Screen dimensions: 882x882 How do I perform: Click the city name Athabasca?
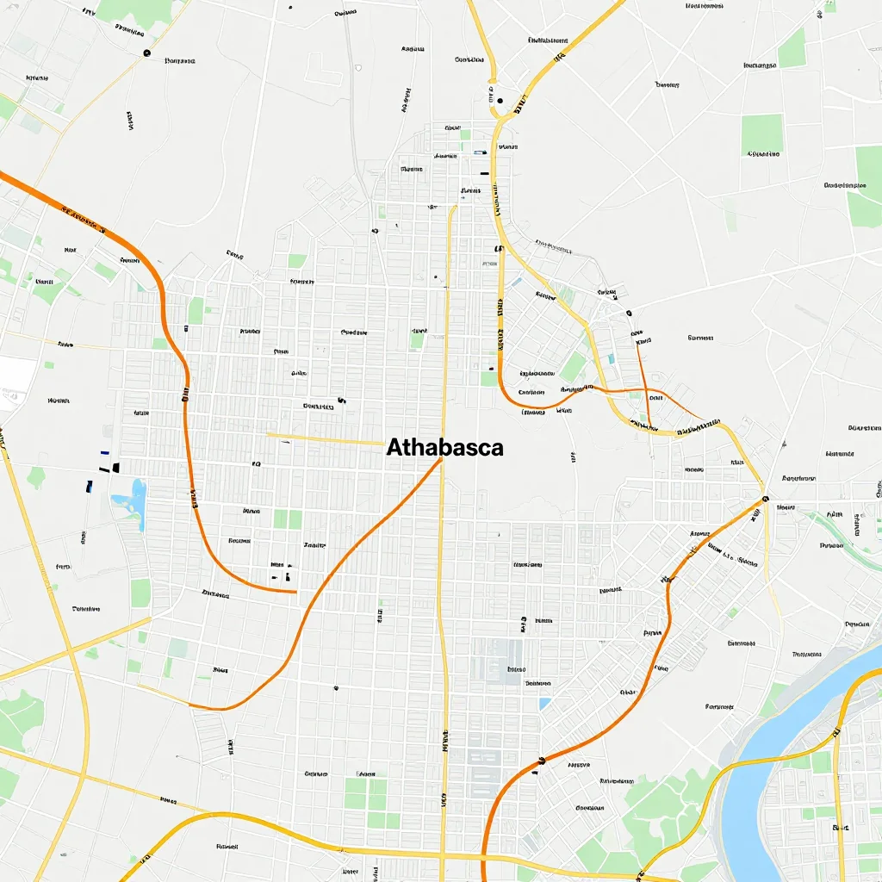(x=444, y=448)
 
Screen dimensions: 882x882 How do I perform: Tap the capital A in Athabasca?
(x=395, y=448)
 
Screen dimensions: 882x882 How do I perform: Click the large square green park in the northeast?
(x=761, y=135)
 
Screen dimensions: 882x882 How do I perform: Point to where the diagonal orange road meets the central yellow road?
(x=442, y=459)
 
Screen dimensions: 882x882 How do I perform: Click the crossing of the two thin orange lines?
(x=648, y=393)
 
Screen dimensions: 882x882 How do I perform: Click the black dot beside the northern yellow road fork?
(x=500, y=101)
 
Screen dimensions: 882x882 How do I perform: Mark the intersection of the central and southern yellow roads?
(x=442, y=856)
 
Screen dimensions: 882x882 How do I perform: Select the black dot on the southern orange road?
(x=542, y=761)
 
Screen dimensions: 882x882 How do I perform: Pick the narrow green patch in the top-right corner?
(x=792, y=51)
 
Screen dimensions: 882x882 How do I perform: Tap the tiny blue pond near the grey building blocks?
(x=544, y=704)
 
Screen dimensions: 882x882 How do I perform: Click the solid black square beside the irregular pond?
(x=115, y=468)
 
